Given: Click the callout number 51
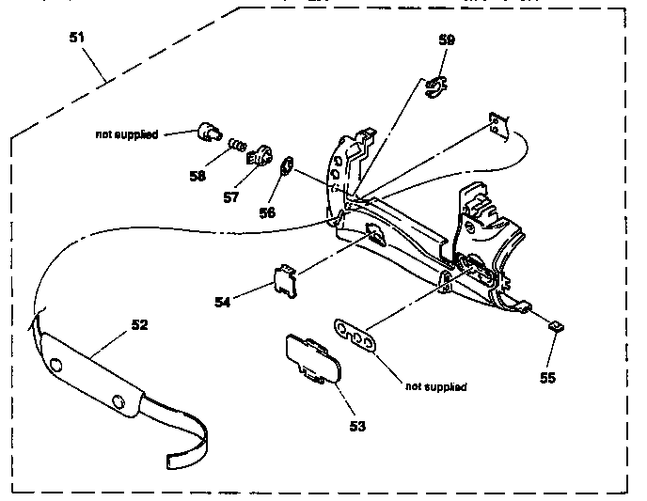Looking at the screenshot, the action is pos(77,38).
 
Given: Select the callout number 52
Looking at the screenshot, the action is pos(139,325).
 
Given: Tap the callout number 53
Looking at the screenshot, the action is pos(357,426).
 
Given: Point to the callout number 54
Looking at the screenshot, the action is pos(222,303).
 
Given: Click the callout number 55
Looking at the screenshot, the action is pos(547,378).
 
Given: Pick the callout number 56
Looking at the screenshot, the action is pos(267,212).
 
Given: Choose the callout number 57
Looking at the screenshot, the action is pos(231,197).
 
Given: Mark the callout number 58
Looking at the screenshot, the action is pos(197,176).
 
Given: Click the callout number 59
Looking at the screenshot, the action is pos(447,39).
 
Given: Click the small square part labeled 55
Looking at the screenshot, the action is pos(556,326).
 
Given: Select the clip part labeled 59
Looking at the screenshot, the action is pos(435,87).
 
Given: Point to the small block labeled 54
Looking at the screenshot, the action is pos(285,281).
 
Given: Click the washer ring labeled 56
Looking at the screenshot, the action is pos(287,165).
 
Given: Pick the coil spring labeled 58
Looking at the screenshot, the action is pos(238,145).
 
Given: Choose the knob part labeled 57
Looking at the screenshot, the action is pos(260,156).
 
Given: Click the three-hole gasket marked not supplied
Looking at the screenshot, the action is pos(355,336).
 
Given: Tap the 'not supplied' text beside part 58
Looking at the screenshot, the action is pos(127,134).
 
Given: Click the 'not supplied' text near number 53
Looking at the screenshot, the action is pos(436,386).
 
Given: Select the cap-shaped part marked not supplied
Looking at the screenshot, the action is pos(210,132).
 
